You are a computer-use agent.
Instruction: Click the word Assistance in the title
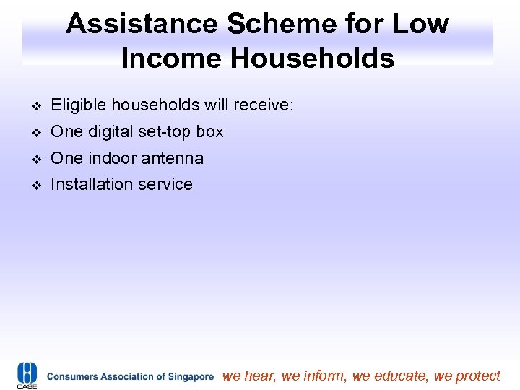142,24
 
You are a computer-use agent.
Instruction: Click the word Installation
89,184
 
